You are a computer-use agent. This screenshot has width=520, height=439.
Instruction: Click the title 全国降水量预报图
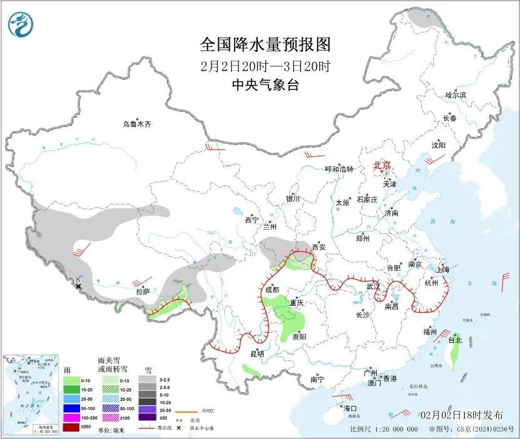[265, 45]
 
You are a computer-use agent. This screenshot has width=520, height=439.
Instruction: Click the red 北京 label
[382, 165]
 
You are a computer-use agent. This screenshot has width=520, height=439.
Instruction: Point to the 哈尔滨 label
[456, 95]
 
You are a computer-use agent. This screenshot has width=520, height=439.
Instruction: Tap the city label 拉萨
[143, 291]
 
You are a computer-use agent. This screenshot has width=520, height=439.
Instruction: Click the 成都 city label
[272, 290]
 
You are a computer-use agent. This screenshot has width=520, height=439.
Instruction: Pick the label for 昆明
[257, 354]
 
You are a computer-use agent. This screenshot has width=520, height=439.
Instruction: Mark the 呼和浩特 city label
[339, 169]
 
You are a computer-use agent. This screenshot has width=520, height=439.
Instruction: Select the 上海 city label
[444, 270]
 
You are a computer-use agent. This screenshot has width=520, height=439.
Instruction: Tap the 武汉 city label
[374, 286]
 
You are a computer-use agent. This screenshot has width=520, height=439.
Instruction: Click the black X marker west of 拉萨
[78, 286]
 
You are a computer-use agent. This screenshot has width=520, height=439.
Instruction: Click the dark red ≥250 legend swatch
[71, 427]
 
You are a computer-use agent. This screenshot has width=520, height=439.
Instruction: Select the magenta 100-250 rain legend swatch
[71, 417]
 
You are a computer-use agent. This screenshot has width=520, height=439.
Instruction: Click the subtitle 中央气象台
[265, 86]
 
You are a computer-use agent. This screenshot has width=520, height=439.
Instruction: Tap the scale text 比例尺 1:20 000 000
[384, 430]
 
